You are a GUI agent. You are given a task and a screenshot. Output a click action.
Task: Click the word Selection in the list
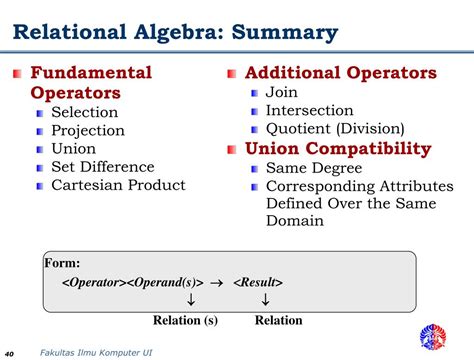[x=85, y=112]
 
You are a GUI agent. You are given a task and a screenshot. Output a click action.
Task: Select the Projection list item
[x=88, y=130]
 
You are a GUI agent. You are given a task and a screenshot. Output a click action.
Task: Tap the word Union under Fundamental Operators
[x=74, y=148]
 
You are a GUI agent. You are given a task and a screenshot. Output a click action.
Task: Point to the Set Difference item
[x=103, y=166]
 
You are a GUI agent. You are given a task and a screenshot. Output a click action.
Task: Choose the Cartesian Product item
[x=118, y=184]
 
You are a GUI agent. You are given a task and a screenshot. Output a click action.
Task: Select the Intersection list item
[x=309, y=110]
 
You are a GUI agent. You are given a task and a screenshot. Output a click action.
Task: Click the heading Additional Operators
[x=340, y=73]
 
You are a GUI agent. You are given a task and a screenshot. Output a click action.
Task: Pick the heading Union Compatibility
[x=338, y=148]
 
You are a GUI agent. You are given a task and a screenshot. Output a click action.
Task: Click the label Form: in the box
[x=62, y=263]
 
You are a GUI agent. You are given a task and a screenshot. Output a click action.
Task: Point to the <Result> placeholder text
[x=258, y=282]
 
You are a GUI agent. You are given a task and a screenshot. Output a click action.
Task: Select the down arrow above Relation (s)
[x=189, y=300]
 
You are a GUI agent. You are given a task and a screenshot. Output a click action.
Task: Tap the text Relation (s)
[x=185, y=320]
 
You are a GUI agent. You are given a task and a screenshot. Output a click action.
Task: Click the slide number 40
[x=10, y=353]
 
